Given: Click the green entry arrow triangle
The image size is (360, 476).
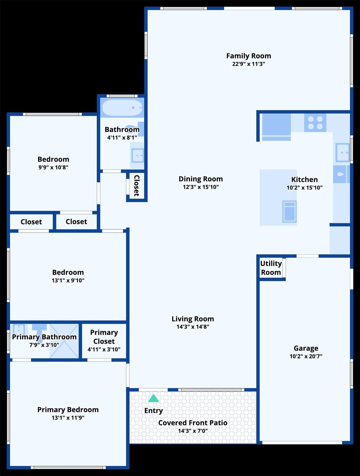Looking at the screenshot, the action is click(153, 398).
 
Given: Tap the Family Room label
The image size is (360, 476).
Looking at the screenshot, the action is click(248, 56).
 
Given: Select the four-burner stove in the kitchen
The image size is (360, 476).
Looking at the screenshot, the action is click(315, 123).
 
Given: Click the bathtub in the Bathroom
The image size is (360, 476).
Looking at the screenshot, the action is click(122, 108).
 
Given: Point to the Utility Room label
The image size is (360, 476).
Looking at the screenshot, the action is click(271, 268).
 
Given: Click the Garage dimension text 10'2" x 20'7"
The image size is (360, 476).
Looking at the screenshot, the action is click(306, 356).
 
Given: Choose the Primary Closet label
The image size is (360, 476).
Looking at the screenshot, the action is click(104, 337).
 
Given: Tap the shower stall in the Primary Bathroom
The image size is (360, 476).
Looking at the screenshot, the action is click(64, 341).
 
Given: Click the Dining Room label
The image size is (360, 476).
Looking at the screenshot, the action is click(201, 179).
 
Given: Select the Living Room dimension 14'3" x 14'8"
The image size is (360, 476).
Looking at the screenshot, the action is click(193, 327).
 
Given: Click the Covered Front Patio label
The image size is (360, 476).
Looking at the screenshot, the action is click(193, 423).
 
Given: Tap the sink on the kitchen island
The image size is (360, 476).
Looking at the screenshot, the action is click(289, 211).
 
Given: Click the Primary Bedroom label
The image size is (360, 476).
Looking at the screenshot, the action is click(68, 410).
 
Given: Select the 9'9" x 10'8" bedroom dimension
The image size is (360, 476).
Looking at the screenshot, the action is click(53, 167).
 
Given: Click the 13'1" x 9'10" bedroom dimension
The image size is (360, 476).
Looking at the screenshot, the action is click(68, 280).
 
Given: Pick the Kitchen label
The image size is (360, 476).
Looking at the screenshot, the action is click(305, 179).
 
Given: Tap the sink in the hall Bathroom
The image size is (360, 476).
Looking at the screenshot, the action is click(138, 155).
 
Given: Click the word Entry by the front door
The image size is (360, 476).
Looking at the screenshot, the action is click(153, 411).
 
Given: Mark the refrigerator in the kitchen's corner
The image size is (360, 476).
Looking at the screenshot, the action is click(276, 127).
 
